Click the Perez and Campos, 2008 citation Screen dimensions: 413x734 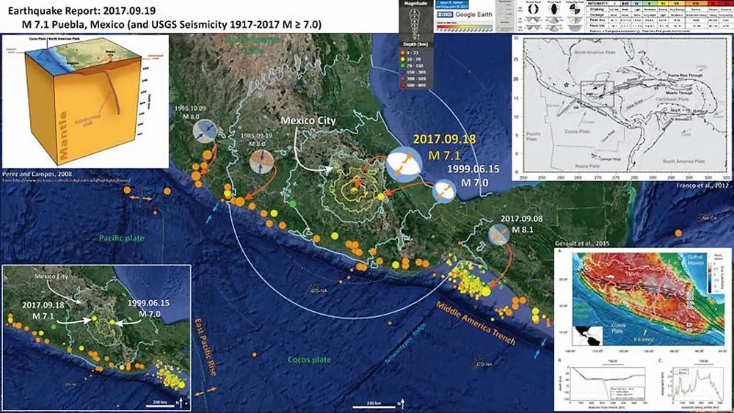(32, 175)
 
